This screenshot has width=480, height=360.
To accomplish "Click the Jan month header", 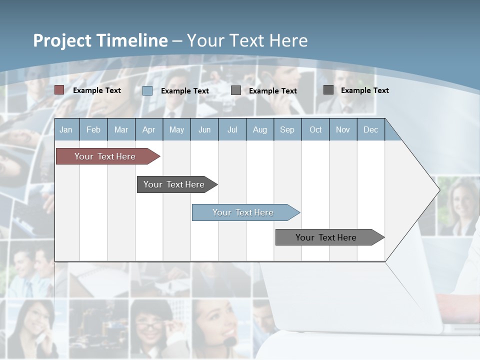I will point(66,129).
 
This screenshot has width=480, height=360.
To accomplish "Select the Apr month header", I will point(148,129).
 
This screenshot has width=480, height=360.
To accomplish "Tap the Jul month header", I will point(232,129).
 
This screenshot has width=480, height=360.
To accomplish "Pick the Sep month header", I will point(287,129).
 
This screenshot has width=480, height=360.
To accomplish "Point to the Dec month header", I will point(370,129).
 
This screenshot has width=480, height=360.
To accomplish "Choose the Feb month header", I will point(93,129).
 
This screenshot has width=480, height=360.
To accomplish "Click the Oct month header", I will point(315,129).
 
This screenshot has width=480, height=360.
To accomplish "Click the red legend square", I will point(59,90).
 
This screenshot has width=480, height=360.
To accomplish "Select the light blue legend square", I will point(147,90).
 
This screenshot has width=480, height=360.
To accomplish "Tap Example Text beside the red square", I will point(97,90).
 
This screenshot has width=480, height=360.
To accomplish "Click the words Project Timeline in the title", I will point(100,40).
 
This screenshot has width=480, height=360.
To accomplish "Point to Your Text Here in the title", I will point(247,40).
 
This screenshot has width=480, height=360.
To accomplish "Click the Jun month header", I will point(204,129).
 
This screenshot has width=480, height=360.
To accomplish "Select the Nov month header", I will point(343,129).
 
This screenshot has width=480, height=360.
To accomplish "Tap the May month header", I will point(176,129).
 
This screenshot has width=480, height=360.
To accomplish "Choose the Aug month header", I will point(260,129).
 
